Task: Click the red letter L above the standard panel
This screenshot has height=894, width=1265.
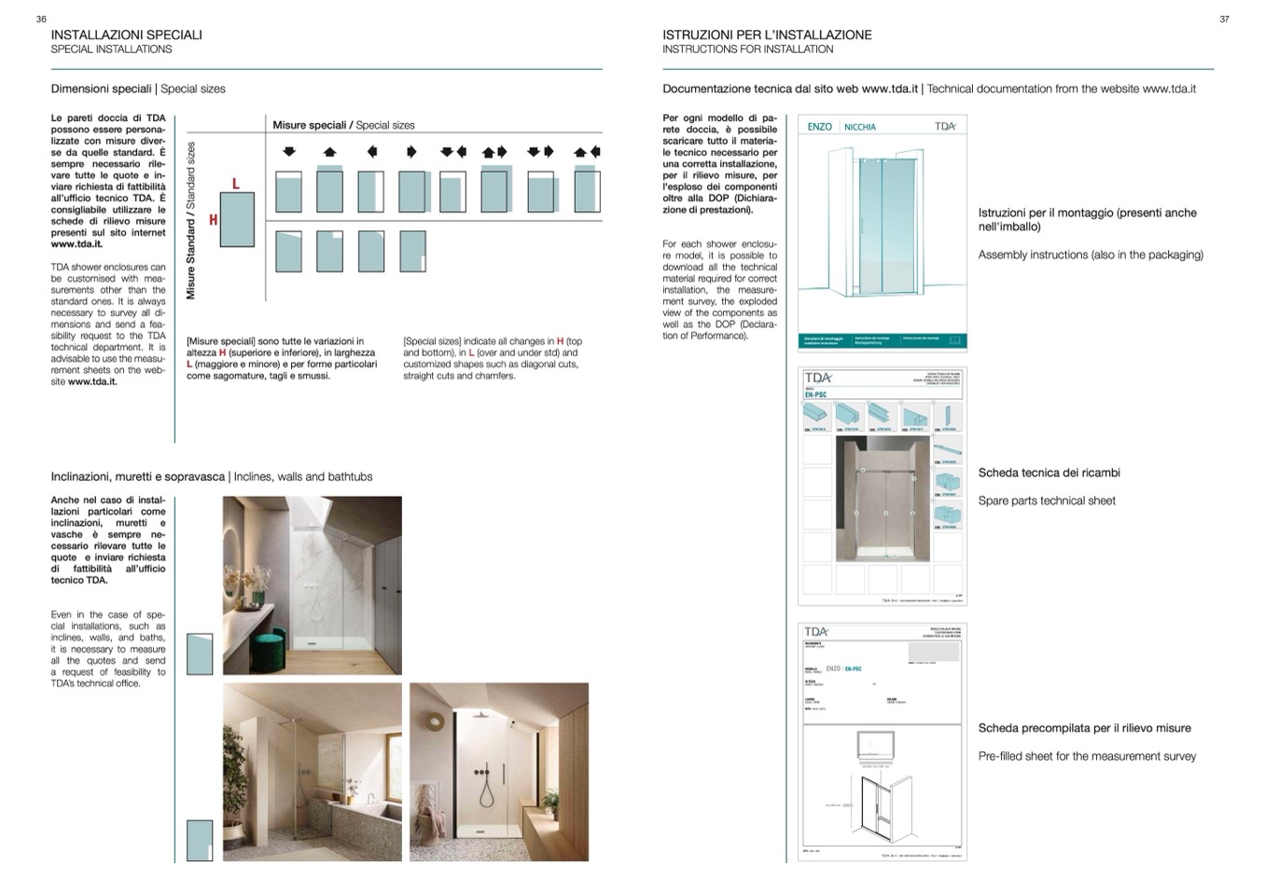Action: pos(235,184)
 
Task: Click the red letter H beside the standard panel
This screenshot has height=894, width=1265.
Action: pos(213,220)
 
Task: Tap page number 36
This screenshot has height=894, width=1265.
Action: pos(41,19)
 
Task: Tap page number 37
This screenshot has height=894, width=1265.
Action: pos(1224,19)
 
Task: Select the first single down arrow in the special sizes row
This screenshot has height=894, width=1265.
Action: pos(289,151)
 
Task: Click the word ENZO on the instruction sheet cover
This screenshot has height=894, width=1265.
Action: pos(819,127)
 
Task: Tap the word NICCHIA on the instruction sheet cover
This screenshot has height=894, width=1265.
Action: pos(860,127)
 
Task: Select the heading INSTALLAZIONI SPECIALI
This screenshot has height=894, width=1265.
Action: pos(126,34)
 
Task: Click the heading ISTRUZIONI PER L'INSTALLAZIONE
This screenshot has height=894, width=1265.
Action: pos(767,34)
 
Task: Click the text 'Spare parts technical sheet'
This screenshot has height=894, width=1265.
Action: pos(1047,501)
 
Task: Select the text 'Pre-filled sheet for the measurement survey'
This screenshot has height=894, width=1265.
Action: pos(1087,756)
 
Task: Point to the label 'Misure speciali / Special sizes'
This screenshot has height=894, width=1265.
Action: pos(343,125)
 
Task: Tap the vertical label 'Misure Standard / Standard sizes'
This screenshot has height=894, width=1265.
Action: pos(191,221)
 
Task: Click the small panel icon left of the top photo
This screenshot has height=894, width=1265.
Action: pos(200,653)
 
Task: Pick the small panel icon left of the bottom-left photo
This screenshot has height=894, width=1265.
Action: pos(200,840)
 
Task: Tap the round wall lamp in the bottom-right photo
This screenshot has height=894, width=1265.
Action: pos(435,722)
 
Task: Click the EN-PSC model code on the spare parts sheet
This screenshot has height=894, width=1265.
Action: pos(815,395)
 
